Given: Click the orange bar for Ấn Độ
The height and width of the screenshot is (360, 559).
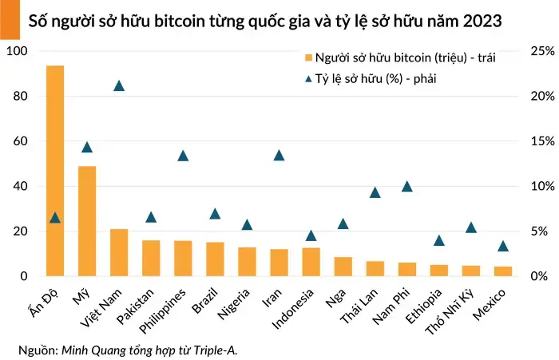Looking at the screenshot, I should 55,171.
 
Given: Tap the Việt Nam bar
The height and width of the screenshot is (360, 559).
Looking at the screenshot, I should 119,252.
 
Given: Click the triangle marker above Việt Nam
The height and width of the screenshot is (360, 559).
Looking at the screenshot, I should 119,85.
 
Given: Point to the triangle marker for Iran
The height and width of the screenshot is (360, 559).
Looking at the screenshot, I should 279,155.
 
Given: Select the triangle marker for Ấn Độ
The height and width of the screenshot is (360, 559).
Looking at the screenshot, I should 55,217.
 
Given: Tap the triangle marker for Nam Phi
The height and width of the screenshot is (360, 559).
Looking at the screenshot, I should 406,186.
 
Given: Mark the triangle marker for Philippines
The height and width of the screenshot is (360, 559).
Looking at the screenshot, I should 183,156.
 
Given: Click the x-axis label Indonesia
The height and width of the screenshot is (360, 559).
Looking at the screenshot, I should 292,307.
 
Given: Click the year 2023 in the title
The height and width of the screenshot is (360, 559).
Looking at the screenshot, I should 482,22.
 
